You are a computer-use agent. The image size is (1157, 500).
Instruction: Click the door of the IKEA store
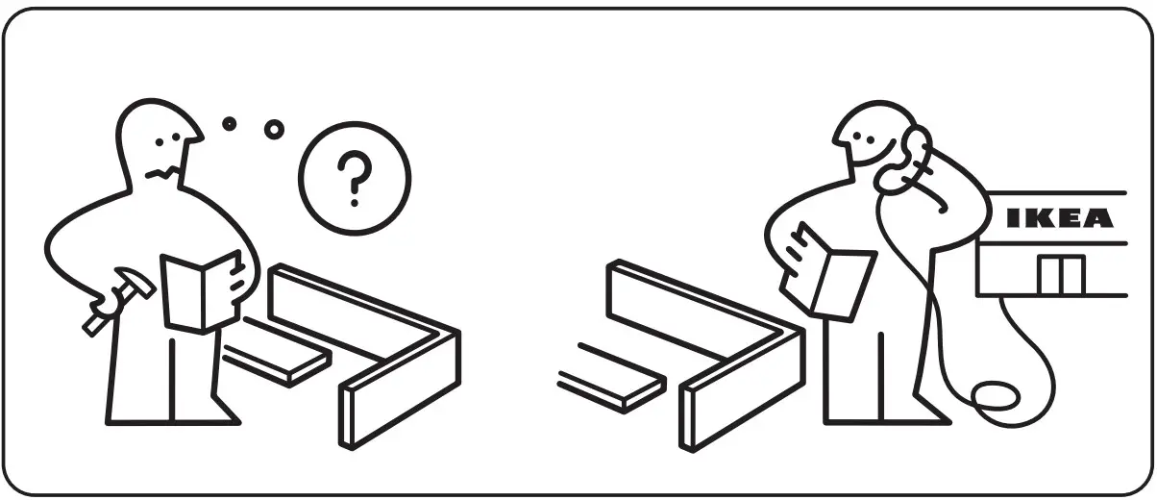point(1060,275)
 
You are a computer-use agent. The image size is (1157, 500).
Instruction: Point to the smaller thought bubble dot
point(229,123)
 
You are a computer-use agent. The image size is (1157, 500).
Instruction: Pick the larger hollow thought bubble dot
point(275,128)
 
